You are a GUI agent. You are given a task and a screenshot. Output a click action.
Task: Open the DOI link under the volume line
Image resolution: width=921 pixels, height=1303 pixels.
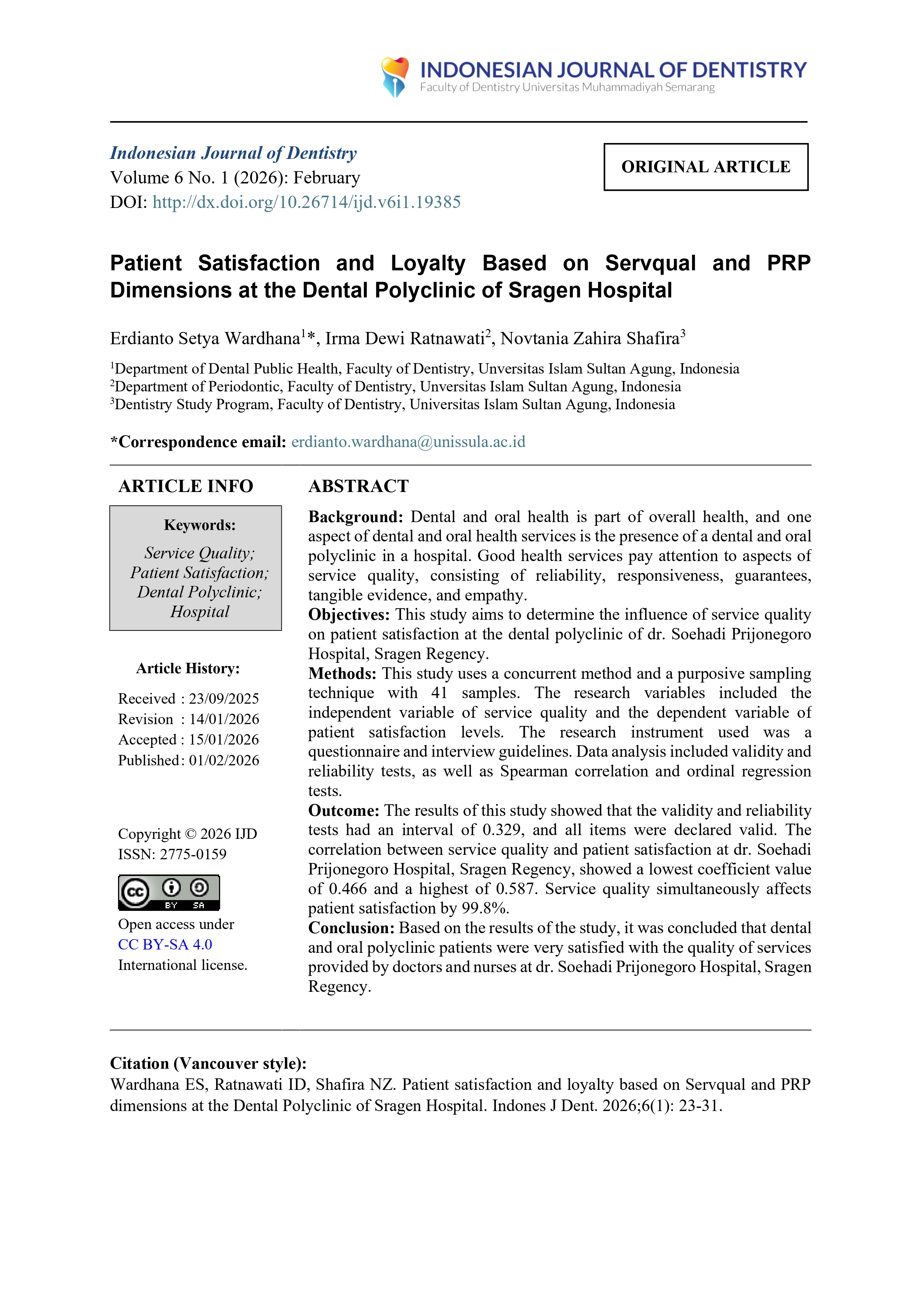(306, 203)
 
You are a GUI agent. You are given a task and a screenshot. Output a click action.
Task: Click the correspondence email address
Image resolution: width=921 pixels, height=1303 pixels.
(408, 442)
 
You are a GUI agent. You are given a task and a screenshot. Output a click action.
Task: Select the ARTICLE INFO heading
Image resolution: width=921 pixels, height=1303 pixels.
(186, 486)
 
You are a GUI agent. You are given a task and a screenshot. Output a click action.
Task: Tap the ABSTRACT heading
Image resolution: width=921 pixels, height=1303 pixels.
(358, 486)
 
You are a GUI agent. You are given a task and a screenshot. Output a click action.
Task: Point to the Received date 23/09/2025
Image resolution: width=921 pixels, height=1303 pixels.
(223, 698)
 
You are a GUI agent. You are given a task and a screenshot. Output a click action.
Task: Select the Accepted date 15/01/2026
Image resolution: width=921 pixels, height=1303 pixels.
(223, 740)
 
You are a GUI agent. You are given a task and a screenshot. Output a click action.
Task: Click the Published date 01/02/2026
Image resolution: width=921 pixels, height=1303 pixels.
(223, 760)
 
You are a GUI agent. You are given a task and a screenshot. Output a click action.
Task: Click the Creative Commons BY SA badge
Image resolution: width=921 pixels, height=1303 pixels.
(169, 893)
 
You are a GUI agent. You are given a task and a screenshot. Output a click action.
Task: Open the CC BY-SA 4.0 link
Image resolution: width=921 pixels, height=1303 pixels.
(164, 945)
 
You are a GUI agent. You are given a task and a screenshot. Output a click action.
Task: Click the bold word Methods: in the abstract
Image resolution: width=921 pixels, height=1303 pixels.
(342, 674)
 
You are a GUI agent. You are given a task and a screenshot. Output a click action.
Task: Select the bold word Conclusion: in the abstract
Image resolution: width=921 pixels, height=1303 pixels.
(351, 928)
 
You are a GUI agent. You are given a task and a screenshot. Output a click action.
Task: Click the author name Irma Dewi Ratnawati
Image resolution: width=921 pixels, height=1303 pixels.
(405, 339)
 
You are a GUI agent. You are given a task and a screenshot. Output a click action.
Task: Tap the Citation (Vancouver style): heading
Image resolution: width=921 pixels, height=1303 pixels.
(208, 1063)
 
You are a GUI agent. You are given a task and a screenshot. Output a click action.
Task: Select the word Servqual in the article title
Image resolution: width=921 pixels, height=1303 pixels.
(650, 263)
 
